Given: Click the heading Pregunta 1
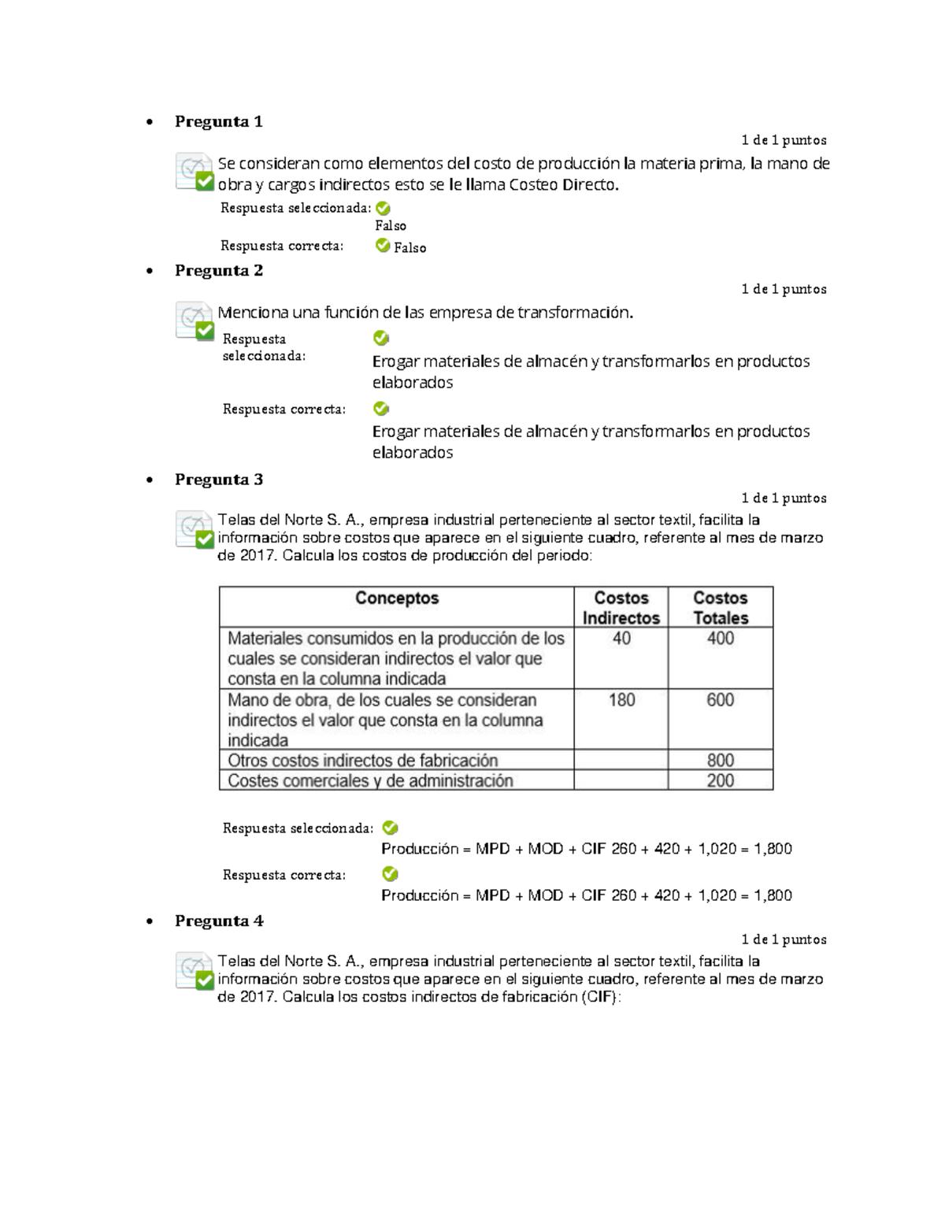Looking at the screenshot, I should click(218, 121).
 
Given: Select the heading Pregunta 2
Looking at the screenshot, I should click(218, 270).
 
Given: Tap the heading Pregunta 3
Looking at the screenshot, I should click(218, 480).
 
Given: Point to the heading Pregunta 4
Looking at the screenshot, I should click(218, 921).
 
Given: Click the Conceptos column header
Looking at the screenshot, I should click(396, 599).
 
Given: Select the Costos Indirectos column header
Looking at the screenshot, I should click(621, 608).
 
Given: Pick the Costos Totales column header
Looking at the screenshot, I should click(720, 608).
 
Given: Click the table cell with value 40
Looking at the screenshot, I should click(621, 639).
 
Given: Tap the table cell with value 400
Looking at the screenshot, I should click(720, 639).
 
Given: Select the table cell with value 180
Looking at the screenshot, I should click(621, 700).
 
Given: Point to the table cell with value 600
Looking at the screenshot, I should click(720, 700).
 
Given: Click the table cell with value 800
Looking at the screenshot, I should click(720, 761).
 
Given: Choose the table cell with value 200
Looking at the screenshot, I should click(720, 781).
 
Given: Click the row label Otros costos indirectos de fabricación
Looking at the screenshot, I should click(363, 761).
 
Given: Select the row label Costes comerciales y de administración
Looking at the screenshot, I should click(370, 781).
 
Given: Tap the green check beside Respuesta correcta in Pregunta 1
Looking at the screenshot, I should click(383, 246).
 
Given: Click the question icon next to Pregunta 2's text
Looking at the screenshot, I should click(194, 321).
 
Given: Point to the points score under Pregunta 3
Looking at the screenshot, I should click(784, 498).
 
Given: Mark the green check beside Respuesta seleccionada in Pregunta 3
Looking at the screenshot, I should click(390, 828).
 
